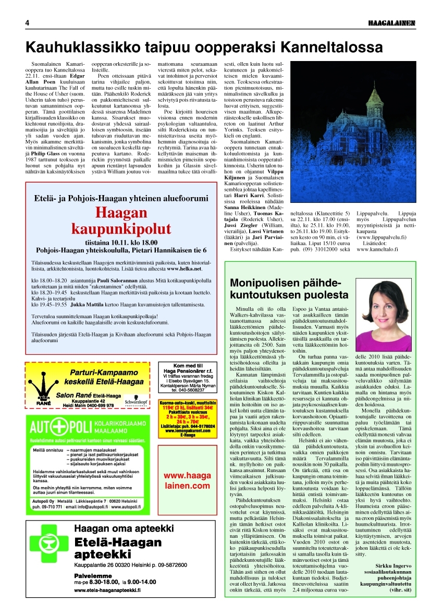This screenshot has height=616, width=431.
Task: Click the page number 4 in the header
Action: coord(27,23)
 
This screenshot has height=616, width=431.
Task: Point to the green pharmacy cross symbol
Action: coord(50,559)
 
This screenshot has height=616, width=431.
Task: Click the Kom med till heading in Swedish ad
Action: coord(188,365)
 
